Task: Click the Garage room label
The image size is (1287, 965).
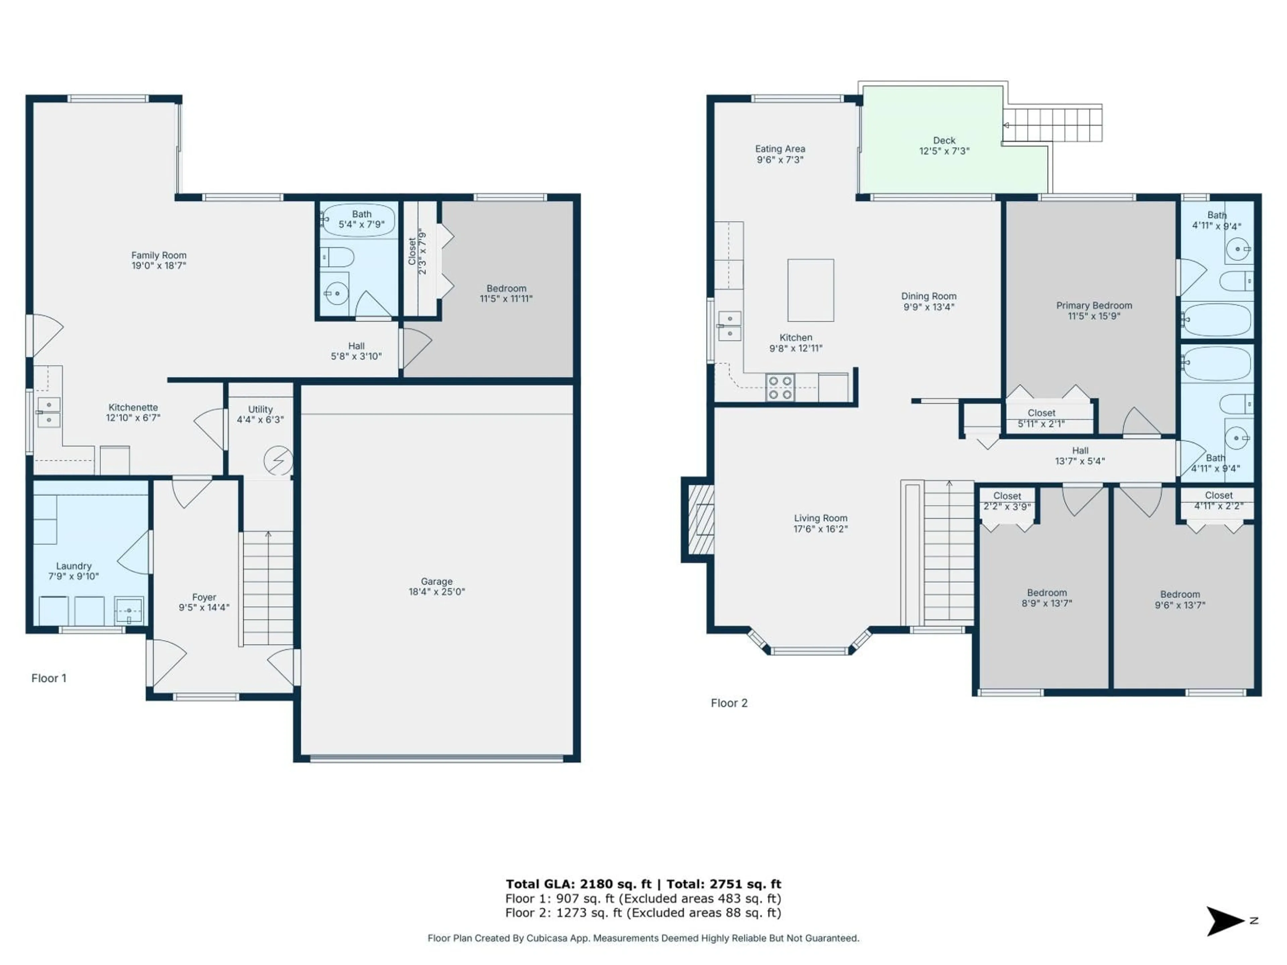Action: coord(436,581)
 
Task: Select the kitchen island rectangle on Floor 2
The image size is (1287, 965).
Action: coord(810,290)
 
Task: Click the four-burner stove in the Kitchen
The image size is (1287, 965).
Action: coord(780,387)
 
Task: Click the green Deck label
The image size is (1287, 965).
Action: coord(944,140)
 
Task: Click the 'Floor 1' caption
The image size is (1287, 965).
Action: coord(49,678)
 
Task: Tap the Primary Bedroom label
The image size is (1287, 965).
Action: coord(1094,305)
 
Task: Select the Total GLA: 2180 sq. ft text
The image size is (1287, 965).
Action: coord(578,884)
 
